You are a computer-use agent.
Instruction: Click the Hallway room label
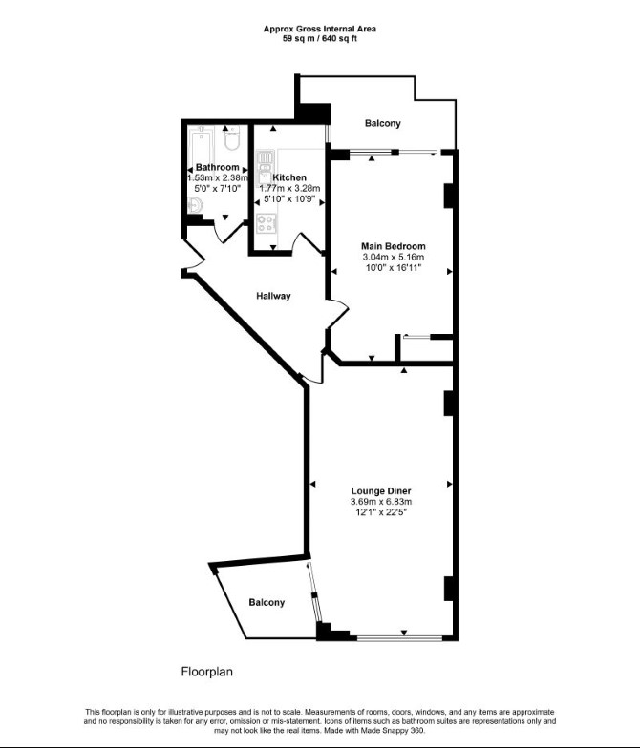point(273,296)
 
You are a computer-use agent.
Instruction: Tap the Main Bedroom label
point(394,246)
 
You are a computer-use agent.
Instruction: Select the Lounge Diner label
point(381,490)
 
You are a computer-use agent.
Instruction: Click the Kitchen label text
point(289,177)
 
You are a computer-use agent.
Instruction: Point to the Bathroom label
point(218,168)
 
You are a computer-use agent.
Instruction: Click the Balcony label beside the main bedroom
point(382,123)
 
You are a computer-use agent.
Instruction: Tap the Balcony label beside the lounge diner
point(267,603)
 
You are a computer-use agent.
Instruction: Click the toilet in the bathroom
point(231,138)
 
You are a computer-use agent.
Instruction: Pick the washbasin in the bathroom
point(195,206)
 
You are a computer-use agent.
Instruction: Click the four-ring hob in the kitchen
point(266,223)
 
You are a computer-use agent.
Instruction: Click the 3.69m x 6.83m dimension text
point(381,502)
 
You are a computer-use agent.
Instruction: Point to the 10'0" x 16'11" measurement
point(394,267)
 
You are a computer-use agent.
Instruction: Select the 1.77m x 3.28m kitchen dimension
point(289,188)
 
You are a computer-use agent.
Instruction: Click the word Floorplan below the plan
point(206,672)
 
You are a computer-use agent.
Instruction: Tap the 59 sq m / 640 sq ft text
point(319,38)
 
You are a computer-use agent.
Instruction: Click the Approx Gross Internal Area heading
point(319,29)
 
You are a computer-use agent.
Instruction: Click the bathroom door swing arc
point(230,234)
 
